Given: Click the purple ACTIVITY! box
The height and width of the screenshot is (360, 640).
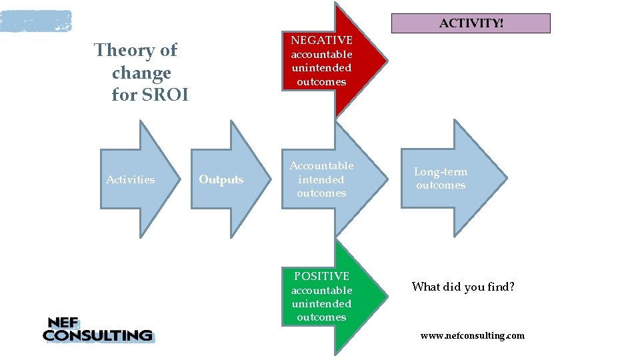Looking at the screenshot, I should pyautogui.click(x=471, y=23).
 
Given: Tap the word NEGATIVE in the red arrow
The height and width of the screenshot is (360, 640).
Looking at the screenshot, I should pyautogui.click(x=321, y=41).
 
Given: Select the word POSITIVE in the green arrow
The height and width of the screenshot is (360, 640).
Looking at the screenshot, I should pyautogui.click(x=321, y=276).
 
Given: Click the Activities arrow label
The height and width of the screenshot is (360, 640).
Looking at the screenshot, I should pyautogui.click(x=130, y=179).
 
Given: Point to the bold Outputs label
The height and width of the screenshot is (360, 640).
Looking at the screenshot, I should pyautogui.click(x=221, y=180).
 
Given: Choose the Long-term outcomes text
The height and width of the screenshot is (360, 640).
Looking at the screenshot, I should pyautogui.click(x=440, y=179).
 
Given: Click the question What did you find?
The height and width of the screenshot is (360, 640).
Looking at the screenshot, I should pyautogui.click(x=463, y=287).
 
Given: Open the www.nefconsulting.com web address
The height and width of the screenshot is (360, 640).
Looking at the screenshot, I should pyautogui.click(x=472, y=335).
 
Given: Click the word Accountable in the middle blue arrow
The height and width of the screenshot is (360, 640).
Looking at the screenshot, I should pyautogui.click(x=321, y=165).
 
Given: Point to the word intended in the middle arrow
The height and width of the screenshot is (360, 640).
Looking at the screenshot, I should pyautogui.click(x=321, y=179).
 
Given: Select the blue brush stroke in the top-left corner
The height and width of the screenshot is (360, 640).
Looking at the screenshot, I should pyautogui.click(x=35, y=21).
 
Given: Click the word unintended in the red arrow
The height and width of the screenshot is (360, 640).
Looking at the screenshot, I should pyautogui.click(x=321, y=68).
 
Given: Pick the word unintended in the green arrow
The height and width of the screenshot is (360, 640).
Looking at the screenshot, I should pyautogui.click(x=321, y=304).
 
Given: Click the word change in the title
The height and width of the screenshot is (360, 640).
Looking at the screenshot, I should pyautogui.click(x=141, y=73).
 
